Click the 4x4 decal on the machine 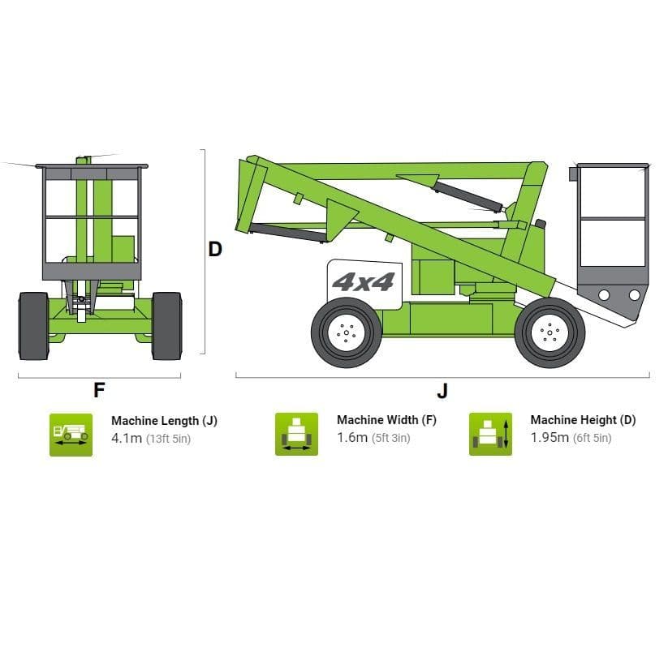tap(363, 282)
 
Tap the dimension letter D tap(215, 249)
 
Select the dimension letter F tap(99, 390)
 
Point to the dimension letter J tap(442, 391)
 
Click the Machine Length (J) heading tap(164, 421)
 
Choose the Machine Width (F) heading tap(386, 420)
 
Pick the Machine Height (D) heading tap(583, 420)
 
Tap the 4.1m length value tap(127, 438)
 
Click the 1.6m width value tap(352, 438)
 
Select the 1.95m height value tap(549, 438)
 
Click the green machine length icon tap(71, 435)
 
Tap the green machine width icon tap(296, 435)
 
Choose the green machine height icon tap(490, 435)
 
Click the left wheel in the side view tap(347, 332)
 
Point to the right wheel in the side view tap(549, 332)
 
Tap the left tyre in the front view tap(33, 325)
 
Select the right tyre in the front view tap(166, 325)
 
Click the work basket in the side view tap(612, 235)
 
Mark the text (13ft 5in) tap(169, 439)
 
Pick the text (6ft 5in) tap(593, 439)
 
